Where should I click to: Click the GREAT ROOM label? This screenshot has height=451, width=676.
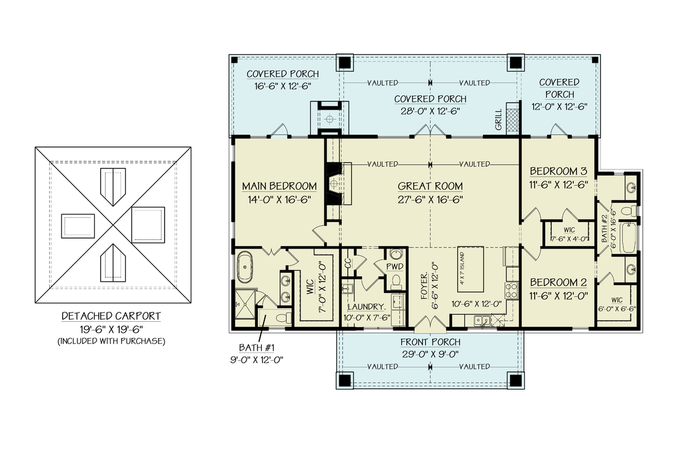pos(430,186)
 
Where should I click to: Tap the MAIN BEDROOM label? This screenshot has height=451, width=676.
pos(279,186)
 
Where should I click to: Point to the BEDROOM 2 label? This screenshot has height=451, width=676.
pos(558,282)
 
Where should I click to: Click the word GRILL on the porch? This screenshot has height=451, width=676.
pos(498,119)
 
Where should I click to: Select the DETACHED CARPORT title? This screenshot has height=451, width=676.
pos(111,316)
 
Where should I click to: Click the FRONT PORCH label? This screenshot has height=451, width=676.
pos(430,342)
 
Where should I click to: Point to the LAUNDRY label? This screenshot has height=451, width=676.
pos(366,306)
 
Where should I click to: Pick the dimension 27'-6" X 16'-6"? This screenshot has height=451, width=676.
pos(430,199)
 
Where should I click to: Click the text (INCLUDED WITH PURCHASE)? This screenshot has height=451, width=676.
pos(111,340)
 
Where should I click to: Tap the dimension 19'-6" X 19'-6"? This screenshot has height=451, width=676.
pos(111,329)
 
